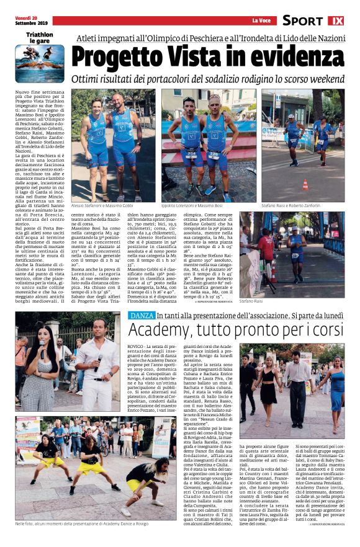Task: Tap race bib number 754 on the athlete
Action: click(192, 154)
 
